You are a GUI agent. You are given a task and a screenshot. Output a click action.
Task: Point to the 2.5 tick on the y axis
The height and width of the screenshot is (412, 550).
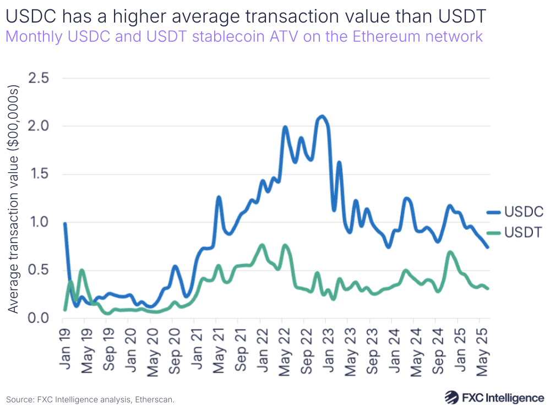click(x=37, y=78)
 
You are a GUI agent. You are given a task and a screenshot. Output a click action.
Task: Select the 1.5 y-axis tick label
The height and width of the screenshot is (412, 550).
click(x=37, y=174)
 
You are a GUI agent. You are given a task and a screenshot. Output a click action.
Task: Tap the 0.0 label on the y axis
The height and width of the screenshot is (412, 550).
click(x=37, y=318)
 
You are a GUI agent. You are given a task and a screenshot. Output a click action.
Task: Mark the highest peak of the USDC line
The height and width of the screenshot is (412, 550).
click(x=322, y=116)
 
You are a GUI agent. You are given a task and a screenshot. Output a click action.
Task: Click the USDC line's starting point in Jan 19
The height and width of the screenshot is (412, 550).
click(x=65, y=223)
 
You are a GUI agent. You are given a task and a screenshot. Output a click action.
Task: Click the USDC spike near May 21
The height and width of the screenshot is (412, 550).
click(x=219, y=196)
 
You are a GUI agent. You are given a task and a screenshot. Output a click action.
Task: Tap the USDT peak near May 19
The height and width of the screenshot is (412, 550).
click(x=81, y=270)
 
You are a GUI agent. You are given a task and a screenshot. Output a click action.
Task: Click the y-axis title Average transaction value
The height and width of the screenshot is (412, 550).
click(x=14, y=199)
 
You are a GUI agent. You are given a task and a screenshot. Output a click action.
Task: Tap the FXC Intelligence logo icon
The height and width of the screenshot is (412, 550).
click(x=453, y=397)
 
